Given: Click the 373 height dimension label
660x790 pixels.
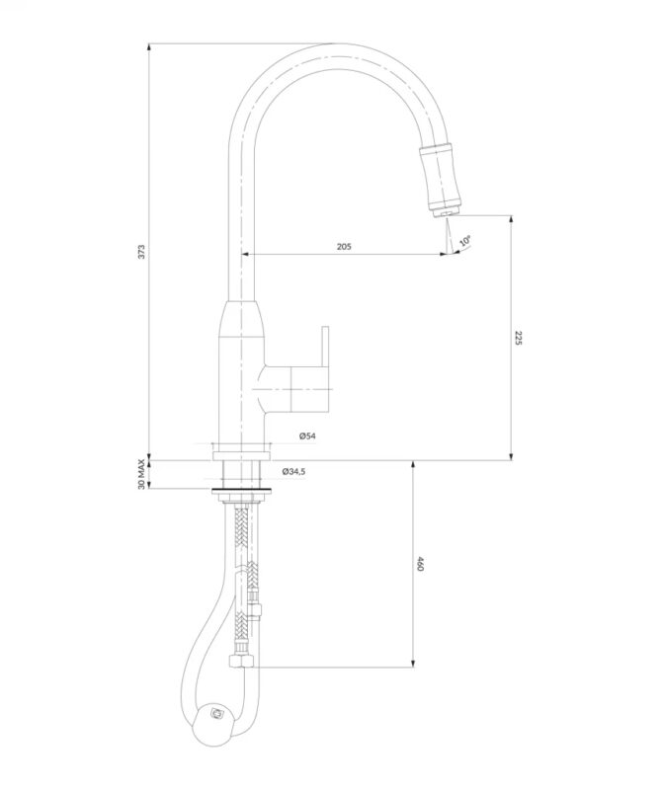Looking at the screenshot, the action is tap(141, 252).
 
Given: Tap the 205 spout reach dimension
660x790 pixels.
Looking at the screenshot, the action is tap(344, 246).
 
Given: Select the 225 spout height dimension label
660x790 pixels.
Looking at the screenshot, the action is tap(519, 338).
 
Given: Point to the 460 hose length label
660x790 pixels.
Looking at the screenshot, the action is tap(421, 564).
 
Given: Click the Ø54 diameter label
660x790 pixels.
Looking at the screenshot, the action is tap(307, 436).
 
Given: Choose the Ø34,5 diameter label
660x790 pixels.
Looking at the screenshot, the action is tap(294, 472).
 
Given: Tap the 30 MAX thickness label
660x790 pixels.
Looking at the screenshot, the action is tap(141, 474).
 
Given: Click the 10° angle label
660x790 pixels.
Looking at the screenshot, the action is tap(465, 240).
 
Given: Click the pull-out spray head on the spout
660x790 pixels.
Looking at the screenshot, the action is tap(440, 178).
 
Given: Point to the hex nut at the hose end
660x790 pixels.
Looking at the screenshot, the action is tap(240, 660).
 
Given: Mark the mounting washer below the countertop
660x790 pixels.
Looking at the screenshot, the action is tap(241, 489).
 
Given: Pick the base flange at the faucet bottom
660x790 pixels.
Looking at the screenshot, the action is tap(241, 455).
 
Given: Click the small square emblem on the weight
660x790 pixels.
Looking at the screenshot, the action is tap(217, 713).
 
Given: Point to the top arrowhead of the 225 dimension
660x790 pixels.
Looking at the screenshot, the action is tap(511, 220).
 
